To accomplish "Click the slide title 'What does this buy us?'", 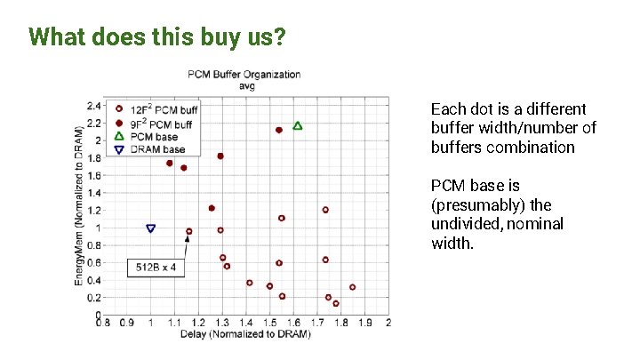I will tap(156, 37).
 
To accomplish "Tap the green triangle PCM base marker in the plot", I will tap(298, 126).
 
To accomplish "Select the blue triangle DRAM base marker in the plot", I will tap(151, 228).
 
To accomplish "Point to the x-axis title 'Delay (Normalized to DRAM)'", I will tap(244, 335).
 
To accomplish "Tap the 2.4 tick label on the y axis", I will tap(93, 106).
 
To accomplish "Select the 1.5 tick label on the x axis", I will tap(269, 323).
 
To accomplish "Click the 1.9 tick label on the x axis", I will tap(364, 323).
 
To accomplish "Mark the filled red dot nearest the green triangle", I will tap(279, 130).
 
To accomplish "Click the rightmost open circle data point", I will tap(352, 287).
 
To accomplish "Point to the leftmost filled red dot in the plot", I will tap(169, 164).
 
